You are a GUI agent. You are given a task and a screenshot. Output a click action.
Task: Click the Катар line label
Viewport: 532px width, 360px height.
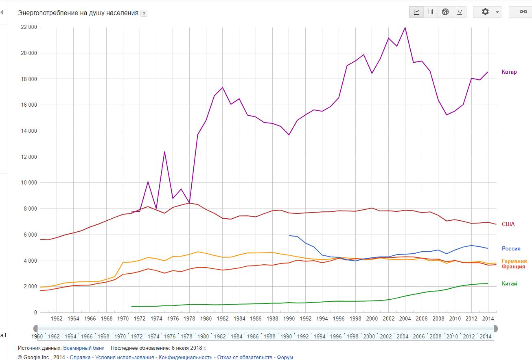point(509,72)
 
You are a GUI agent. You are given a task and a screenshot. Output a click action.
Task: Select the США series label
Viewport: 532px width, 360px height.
point(508,224)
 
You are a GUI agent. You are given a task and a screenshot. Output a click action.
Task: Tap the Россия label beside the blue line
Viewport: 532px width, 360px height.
point(511,248)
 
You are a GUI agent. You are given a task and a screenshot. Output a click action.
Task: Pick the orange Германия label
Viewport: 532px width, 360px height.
point(514,261)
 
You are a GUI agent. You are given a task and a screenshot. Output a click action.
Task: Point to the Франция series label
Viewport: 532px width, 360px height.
point(513,267)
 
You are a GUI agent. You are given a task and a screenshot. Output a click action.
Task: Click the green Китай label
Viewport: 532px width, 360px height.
point(509,284)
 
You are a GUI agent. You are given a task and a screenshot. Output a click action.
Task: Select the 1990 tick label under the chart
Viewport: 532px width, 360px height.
point(289,319)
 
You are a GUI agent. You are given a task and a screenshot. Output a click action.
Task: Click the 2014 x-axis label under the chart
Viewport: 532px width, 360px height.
point(488,319)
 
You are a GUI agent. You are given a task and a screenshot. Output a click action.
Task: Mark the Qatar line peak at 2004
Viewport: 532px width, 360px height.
point(405,27)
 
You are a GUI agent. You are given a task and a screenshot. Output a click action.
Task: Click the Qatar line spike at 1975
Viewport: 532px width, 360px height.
point(164,151)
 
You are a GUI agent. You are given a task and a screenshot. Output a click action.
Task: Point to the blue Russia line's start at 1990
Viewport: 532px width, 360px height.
point(289,235)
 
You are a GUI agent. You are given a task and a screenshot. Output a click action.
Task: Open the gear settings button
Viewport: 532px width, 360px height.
point(487,12)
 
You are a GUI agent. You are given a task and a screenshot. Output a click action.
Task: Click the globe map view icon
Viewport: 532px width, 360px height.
point(445,12)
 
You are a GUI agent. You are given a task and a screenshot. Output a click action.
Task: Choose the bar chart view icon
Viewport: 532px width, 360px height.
point(431,12)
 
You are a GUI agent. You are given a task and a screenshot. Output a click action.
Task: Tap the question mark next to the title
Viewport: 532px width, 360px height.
point(144,13)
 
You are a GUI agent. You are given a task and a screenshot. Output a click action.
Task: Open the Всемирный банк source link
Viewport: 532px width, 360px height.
point(83,348)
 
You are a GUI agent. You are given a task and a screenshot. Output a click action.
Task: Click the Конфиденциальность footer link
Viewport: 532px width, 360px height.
point(185,357)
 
